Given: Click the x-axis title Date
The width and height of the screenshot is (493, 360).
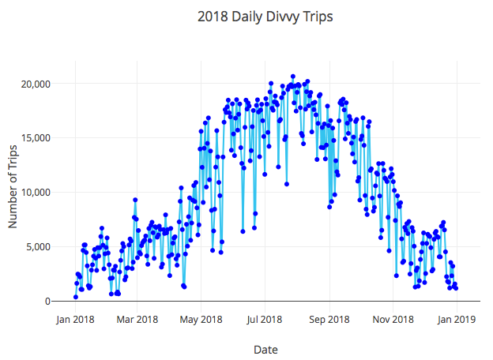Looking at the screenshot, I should pos(265,349).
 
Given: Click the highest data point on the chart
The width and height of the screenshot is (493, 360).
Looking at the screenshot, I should pos(293,77).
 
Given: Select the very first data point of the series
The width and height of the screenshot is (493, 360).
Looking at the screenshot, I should pos(76,297).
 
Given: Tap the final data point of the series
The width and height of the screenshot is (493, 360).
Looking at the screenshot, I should pos(456,288).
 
